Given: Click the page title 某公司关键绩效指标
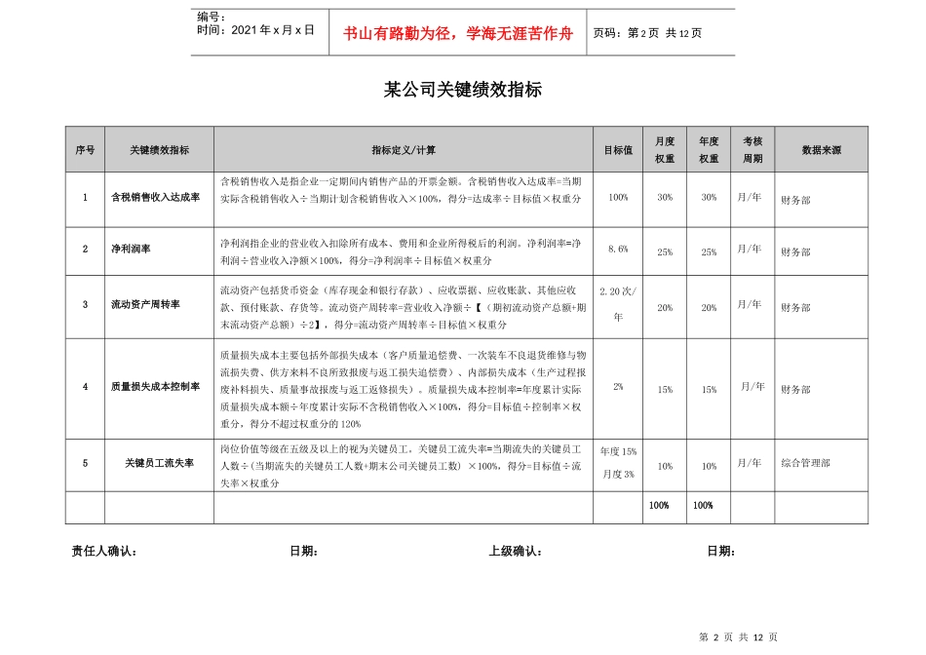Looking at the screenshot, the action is pyautogui.click(x=463, y=90).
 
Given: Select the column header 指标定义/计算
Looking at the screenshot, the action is pyautogui.click(x=404, y=150).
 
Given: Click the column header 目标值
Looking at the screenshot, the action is pyautogui.click(x=618, y=150).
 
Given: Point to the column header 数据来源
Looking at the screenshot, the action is pyautogui.click(x=821, y=150).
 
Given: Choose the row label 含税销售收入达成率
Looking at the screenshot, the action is pyautogui.click(x=156, y=198).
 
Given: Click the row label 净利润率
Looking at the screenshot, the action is pyautogui.click(x=131, y=250).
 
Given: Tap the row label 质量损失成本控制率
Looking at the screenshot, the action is pyautogui.click(x=156, y=387).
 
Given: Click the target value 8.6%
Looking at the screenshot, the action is pyautogui.click(x=618, y=250).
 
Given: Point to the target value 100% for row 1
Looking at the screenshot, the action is pyautogui.click(x=618, y=197).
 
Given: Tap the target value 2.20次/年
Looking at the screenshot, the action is pyautogui.click(x=618, y=303).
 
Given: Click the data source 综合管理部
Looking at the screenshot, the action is pyautogui.click(x=806, y=463).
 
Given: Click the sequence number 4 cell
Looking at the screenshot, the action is pyautogui.click(x=85, y=387).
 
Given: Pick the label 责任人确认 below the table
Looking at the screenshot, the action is pyautogui.click(x=104, y=552).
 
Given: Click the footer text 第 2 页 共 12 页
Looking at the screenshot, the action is pyautogui.click(x=740, y=636).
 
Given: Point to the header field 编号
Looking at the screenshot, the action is pyautogui.click(x=211, y=17).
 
